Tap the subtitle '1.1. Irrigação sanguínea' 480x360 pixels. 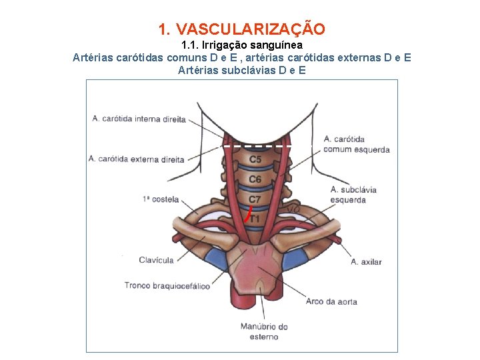[x=242, y=45]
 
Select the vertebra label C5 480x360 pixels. [x=255, y=160]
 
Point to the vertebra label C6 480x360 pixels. [x=255, y=179]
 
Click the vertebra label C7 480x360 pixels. [x=255, y=199]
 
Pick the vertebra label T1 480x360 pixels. [x=255, y=218]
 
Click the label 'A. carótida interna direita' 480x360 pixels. [x=139, y=119]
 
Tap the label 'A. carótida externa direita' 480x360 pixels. [x=136, y=159]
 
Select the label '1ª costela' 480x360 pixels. [x=161, y=199]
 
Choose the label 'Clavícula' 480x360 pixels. [x=156, y=260]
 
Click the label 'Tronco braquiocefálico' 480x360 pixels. [x=167, y=286]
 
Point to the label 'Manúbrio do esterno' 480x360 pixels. [x=264, y=331]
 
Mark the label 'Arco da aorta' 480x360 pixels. [x=331, y=301]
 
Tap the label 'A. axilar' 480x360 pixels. [x=366, y=262]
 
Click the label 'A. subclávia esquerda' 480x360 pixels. [x=353, y=195]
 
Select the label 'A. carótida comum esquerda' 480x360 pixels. [x=356, y=145]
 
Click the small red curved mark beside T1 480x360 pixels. [x=247, y=215]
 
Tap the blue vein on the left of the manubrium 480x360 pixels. [x=216, y=259]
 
